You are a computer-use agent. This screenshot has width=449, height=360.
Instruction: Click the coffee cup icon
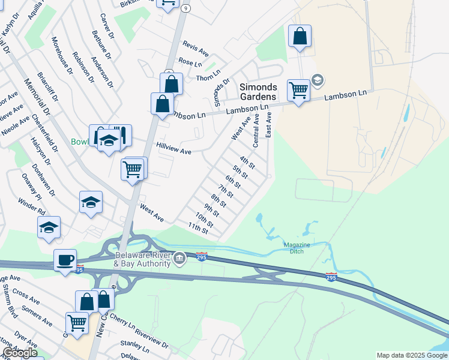pyautogui.click(x=65, y=260)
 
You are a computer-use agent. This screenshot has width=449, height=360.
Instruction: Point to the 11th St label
pyautogui.click(x=199, y=228)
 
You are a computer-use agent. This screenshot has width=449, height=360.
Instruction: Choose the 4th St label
pyautogui.click(x=247, y=161)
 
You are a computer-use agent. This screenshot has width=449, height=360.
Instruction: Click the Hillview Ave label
pyautogui.click(x=173, y=149)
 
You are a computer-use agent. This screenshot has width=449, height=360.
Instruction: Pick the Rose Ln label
pyautogui.click(x=190, y=62)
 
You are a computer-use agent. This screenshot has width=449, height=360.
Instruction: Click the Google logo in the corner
pyautogui.click(x=20, y=353)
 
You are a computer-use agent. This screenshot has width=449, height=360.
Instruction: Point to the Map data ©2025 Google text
pyautogui.click(x=412, y=355)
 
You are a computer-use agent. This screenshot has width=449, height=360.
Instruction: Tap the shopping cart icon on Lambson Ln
pyautogui.click(x=298, y=91)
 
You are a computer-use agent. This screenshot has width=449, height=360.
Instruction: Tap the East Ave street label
pyautogui.click(x=269, y=124)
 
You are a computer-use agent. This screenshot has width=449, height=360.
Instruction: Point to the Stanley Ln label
pyautogui.click(x=134, y=346)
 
